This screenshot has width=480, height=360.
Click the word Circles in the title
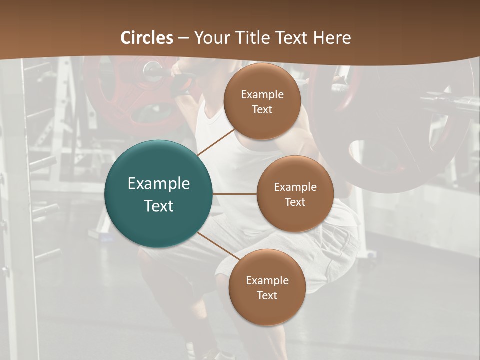coord(147,38)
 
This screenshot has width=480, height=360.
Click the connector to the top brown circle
coord(216,142)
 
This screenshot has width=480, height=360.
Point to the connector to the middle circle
coord(235,194)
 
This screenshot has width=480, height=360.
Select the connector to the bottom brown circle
coord(219,247)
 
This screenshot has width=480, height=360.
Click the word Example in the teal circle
coord(159,184)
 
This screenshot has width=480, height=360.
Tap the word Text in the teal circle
coord(159,206)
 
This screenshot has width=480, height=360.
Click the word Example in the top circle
coord(262,94)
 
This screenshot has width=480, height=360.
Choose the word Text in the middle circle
coord(295,202)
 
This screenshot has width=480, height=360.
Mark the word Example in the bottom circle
coord(267,280)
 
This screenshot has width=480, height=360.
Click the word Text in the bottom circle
coord(267,295)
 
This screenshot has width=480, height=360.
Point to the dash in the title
coord(183,38)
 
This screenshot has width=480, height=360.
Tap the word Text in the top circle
coord(262,109)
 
